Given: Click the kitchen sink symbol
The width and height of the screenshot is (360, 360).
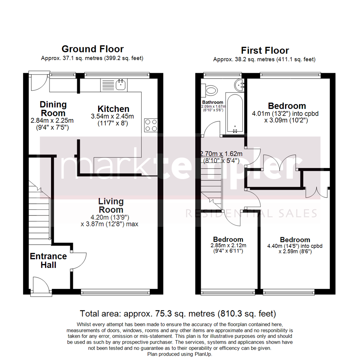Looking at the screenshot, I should (120, 85).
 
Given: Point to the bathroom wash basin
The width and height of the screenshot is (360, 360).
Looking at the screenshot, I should (240, 85).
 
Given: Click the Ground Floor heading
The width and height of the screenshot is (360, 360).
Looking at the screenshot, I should (92, 49).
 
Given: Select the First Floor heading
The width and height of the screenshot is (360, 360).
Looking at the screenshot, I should (265, 51).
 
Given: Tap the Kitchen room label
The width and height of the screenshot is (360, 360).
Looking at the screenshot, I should (113, 109).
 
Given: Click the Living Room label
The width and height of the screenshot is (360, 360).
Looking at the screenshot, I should (111, 206).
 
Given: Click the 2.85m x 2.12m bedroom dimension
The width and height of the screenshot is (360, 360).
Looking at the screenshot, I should (228, 246).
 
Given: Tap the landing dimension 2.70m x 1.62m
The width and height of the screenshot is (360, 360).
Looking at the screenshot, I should (221, 154).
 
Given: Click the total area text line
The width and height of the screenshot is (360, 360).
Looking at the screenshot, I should (178, 314).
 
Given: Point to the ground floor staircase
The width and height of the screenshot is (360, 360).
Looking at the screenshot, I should (39, 210).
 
